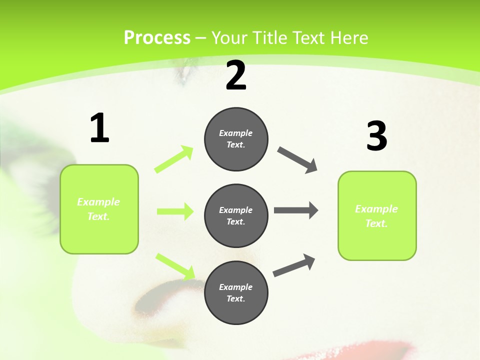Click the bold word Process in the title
pos(157,38)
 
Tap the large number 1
pos(99,128)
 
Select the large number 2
pos(236,76)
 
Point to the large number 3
pos(377,136)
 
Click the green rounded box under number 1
pos(99,209)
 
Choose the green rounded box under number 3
pos(377,216)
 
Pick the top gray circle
pos(236,139)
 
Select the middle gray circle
pos(236,216)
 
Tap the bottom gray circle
pos(236,293)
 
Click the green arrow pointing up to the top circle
pos(174,159)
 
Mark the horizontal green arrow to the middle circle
pos(175,211)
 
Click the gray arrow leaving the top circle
pos(297,160)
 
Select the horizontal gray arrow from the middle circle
pos(295,210)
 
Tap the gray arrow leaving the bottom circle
pos(294,265)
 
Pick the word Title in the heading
pos(269,38)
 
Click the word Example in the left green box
pos(98,202)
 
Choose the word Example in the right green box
pos(376,209)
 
